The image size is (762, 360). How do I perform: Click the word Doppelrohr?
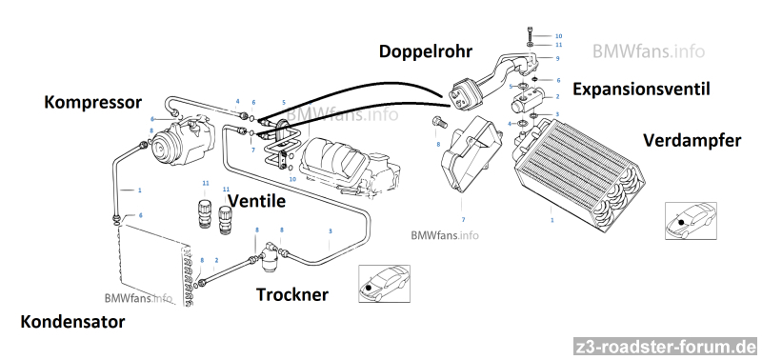pos(425,51)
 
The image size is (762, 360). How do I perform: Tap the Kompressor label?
pos(92,103)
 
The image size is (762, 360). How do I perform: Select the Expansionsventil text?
pos(641,90)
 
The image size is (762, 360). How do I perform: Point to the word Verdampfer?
pos(692,141)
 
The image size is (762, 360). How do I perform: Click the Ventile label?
pos(256,201)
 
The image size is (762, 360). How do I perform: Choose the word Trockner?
pos(292,294)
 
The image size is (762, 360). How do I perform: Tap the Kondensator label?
pos(72,322)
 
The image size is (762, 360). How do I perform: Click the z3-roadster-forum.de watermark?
pos(666,348)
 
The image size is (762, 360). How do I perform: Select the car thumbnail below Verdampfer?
pos(691,221)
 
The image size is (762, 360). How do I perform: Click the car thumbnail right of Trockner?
pos(385,284)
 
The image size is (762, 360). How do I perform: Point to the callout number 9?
pos(557,58)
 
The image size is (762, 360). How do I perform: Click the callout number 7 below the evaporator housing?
pos(463,220)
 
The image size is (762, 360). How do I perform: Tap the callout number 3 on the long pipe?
pos(331,230)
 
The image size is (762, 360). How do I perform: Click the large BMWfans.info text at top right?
pos(649,51)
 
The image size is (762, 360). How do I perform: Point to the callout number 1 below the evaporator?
pos(552,220)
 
